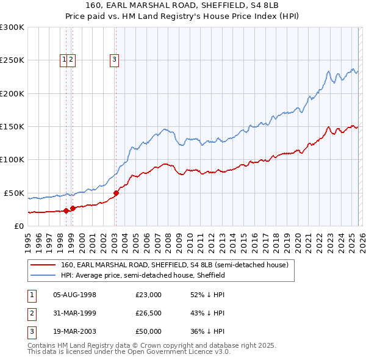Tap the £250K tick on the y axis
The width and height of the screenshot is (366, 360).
[x=12, y=60]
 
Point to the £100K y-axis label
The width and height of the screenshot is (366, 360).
[x=12, y=159]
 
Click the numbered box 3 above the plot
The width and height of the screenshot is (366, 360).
[x=115, y=59]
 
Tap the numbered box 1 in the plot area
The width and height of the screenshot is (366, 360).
[x=64, y=59]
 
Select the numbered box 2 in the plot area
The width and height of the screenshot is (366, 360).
[x=71, y=59]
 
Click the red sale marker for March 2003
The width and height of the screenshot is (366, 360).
[x=116, y=193]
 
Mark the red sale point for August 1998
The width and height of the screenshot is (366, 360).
[x=66, y=211]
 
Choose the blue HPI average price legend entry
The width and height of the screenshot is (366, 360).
[x=143, y=275]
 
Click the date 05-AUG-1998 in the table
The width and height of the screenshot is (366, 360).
[x=75, y=295]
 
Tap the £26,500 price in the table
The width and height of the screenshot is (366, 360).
[x=148, y=313]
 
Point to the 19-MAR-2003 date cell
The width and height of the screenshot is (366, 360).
[x=75, y=331]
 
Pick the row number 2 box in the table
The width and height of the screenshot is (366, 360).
[x=30, y=313]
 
